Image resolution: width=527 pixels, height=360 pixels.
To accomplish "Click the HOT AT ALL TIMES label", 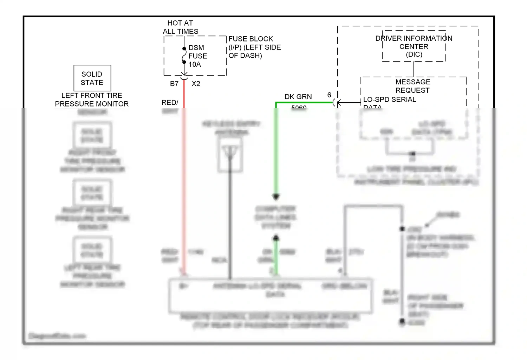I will [x=180, y=27].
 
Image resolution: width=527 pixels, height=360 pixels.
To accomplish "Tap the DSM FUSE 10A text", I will [x=197, y=56].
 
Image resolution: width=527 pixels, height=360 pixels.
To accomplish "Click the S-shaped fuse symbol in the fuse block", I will [x=184, y=56].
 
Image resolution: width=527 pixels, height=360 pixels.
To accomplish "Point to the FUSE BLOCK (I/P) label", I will [x=254, y=47].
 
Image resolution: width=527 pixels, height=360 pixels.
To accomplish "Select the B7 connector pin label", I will [x=174, y=84].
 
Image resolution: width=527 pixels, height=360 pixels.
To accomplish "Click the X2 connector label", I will [x=196, y=84].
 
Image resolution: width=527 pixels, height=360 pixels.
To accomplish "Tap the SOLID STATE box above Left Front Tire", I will [x=92, y=78].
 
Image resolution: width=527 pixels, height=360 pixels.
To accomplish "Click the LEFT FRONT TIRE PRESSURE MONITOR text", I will [x=92, y=100].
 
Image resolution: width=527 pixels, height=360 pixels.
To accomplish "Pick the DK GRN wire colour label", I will [x=298, y=97].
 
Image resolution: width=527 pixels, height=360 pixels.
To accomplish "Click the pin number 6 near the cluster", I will [x=329, y=95].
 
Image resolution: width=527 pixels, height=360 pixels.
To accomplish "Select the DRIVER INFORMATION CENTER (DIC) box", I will [x=414, y=46].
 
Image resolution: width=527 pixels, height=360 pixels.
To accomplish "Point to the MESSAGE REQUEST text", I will [x=413, y=86].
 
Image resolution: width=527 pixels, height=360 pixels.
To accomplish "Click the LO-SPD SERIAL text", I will [x=390, y=99].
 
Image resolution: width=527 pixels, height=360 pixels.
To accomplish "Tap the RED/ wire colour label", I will [x=170, y=102].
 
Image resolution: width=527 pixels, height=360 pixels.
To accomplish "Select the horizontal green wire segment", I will [x=304, y=103].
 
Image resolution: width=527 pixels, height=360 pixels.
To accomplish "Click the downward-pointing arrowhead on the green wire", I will [x=276, y=197].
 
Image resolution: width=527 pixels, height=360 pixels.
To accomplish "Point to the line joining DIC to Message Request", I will [x=414, y=69].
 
